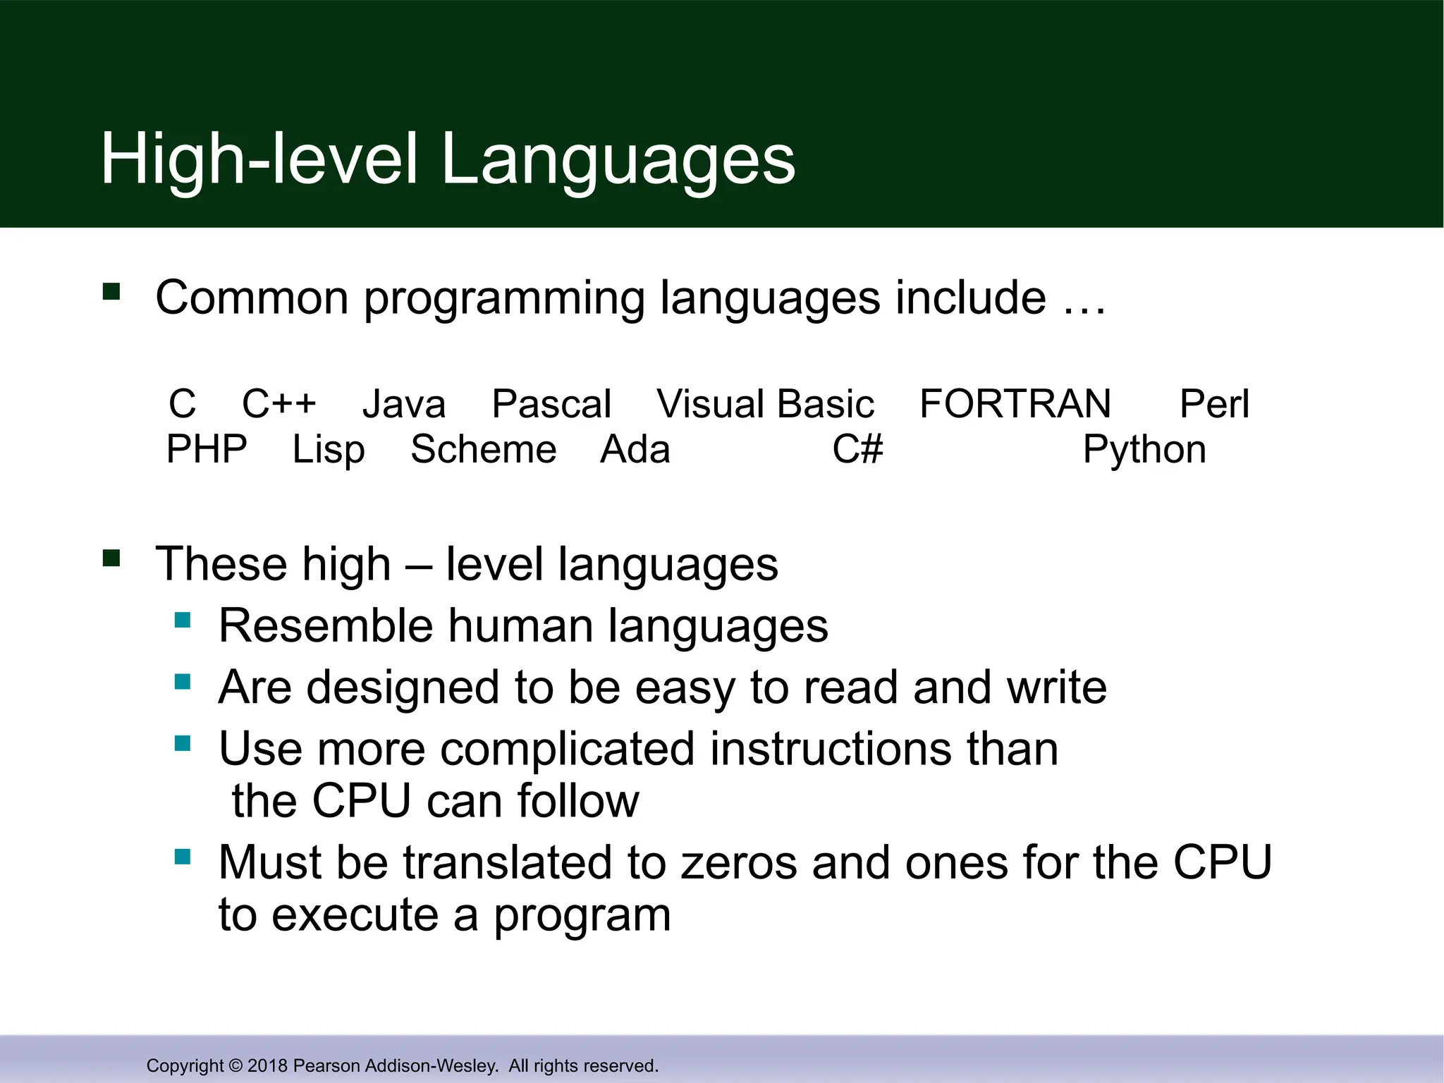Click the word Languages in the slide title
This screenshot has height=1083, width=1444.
click(618, 161)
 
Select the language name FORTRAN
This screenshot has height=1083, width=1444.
click(1015, 404)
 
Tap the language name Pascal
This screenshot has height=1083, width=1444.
click(551, 404)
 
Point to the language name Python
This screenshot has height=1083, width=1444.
click(1144, 450)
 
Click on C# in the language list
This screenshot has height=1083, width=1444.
click(857, 450)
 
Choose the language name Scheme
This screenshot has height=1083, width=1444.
click(484, 450)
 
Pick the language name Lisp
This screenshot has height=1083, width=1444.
click(329, 450)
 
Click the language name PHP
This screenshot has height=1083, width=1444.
click(207, 450)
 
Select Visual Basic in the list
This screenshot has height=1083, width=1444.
click(765, 404)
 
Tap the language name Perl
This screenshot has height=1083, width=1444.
click(1214, 404)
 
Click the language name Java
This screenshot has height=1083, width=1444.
click(404, 404)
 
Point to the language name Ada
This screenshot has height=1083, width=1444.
click(635, 450)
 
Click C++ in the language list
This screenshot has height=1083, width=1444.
click(279, 404)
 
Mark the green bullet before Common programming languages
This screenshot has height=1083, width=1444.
click(111, 292)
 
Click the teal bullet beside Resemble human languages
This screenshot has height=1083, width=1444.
click(183, 620)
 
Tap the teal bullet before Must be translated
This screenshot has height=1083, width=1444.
click(183, 857)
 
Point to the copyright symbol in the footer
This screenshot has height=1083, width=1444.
click(235, 1065)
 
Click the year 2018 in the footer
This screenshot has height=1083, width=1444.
click(267, 1065)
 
